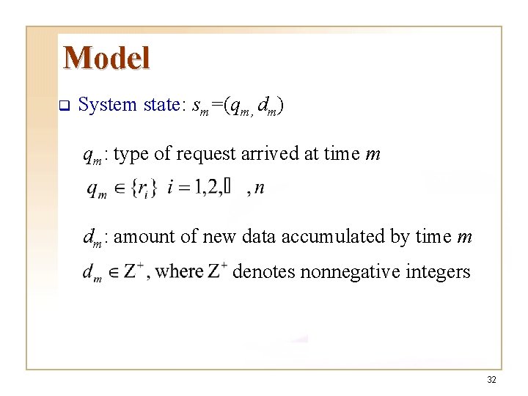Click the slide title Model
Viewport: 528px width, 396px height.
coord(106,58)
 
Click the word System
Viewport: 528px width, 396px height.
coord(107,105)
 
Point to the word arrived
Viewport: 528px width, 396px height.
coord(267,153)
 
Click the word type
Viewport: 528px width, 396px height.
coord(132,154)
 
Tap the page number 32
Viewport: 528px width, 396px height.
coord(491,379)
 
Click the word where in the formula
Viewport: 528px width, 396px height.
coord(180,272)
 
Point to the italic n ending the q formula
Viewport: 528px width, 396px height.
coord(260,189)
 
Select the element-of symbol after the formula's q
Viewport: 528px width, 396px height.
coord(118,188)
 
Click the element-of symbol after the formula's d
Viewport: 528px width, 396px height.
coord(113,273)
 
